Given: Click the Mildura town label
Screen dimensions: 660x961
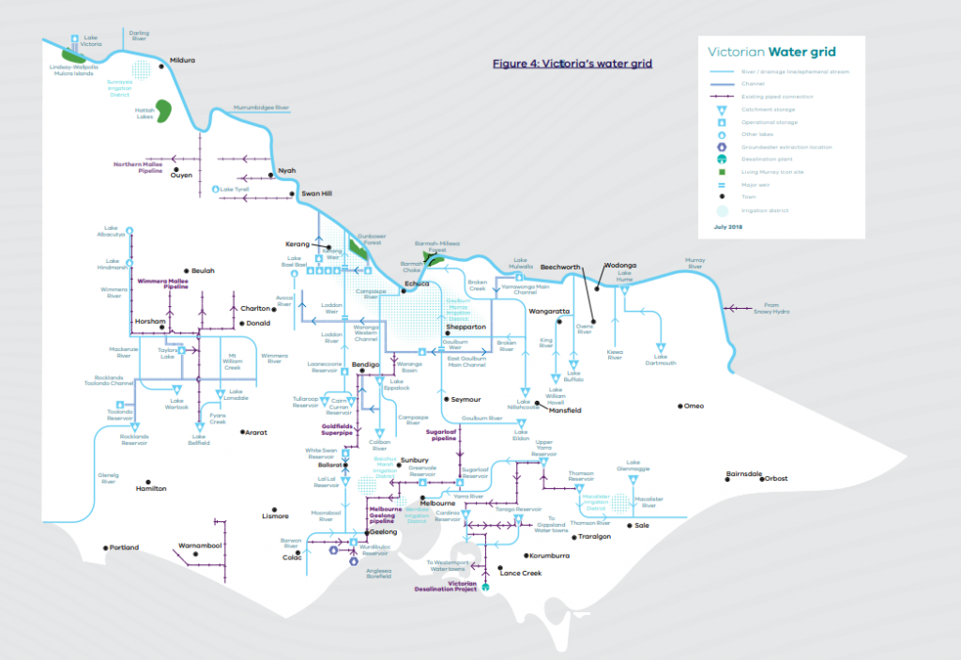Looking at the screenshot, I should (182, 60).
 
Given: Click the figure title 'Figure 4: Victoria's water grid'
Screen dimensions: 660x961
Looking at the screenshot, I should (572, 64).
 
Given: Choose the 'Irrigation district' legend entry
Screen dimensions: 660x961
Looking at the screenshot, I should (758, 210).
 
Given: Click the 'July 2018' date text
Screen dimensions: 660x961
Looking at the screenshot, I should (726, 227).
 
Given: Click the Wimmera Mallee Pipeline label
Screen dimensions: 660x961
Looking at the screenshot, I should (163, 283).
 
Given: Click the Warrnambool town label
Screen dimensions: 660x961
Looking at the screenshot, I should (199, 545).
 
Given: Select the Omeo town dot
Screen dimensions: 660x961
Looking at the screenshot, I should (679, 406).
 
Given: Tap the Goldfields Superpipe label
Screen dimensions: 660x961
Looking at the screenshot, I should (338, 429).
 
